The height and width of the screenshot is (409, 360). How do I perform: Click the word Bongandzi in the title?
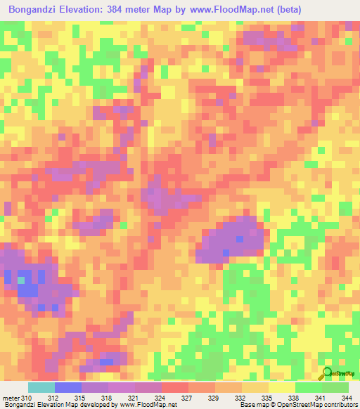(x=34, y=10)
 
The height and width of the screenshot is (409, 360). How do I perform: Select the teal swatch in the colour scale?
(x=41, y=387)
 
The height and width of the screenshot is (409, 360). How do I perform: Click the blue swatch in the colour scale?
(x=67, y=387)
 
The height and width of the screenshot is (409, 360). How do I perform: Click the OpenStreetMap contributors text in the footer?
(x=319, y=405)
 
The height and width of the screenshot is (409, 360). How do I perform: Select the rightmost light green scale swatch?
(x=335, y=387)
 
